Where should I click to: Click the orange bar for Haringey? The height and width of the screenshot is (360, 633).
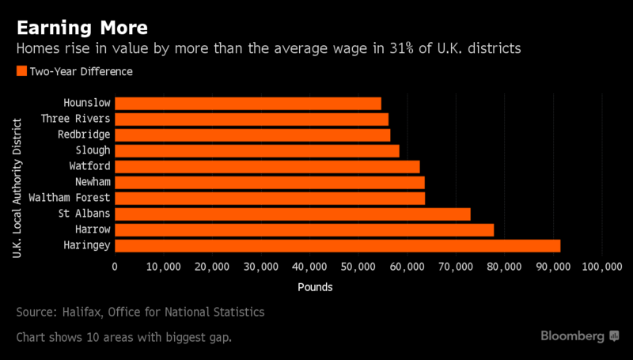click(338, 246)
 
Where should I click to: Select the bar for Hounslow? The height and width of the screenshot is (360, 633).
click(248, 104)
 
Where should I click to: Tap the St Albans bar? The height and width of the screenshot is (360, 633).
click(293, 214)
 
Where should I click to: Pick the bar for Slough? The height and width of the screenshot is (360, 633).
click(257, 151)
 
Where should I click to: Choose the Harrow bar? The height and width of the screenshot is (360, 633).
click(305, 230)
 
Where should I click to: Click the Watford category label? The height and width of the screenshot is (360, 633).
click(89, 166)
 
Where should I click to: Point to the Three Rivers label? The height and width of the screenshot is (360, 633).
click(75, 119)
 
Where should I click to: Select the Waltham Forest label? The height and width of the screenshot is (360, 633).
click(70, 198)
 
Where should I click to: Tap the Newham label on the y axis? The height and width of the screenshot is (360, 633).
click(93, 182)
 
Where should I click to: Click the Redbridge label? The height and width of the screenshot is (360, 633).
click(84, 135)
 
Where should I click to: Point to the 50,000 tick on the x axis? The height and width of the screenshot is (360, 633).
click(358, 267)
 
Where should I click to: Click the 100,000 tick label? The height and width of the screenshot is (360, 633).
click(602, 267)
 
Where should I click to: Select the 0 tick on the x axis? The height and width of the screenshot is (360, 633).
click(115, 267)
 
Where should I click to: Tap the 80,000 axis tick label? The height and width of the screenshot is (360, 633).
click(505, 267)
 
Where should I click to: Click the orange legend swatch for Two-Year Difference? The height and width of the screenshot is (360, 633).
click(22, 71)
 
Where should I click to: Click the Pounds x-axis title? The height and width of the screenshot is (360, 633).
click(315, 287)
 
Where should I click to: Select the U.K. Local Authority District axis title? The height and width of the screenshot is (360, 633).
click(17, 188)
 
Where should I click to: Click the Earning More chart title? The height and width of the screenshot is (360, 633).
click(82, 28)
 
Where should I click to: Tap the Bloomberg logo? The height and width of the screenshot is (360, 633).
click(580, 336)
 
